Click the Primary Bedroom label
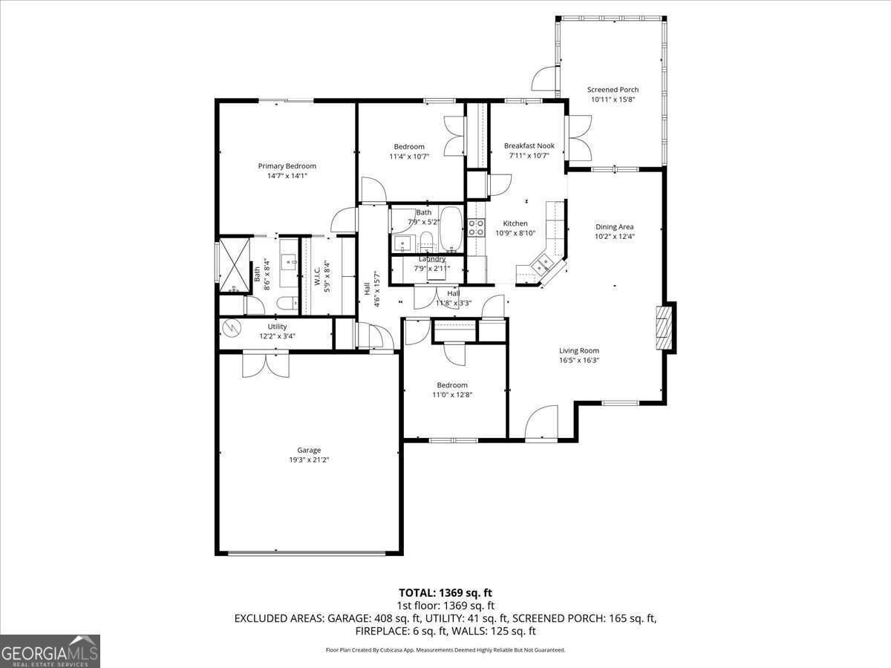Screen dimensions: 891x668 [287, 166]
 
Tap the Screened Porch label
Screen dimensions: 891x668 [613, 90]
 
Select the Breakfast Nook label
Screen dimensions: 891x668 [529, 145]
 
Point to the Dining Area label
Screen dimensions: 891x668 [614, 226]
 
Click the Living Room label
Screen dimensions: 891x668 [579, 350]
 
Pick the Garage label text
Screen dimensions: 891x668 [309, 450]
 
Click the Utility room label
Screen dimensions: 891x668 [277, 327]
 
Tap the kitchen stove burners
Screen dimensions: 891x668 [476, 228]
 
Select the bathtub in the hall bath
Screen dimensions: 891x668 [451, 229]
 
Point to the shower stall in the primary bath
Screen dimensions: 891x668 [234, 265]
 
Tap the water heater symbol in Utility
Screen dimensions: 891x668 [232, 328]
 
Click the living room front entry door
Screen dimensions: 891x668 [541, 422]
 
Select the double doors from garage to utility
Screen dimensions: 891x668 [266, 364]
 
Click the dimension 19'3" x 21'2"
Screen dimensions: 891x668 [309, 459]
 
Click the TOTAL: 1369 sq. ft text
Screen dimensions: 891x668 [446, 593]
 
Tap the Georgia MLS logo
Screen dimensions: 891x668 [50, 652]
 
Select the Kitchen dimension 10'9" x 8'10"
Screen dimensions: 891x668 [515, 233]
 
